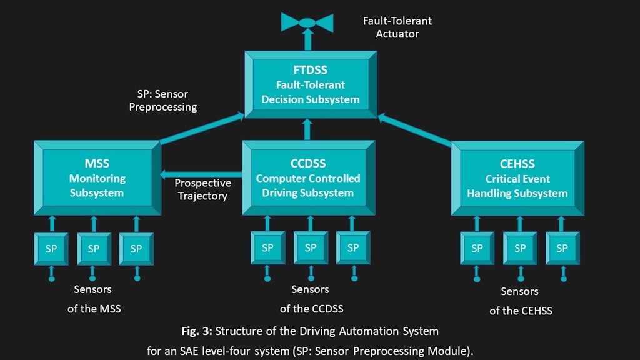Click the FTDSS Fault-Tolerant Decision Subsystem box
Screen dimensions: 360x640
pos(311,84)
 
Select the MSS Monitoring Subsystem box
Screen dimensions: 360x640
pos(96,178)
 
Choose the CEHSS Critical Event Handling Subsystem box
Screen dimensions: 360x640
pos(517,178)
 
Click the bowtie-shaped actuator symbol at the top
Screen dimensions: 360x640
pos(307,22)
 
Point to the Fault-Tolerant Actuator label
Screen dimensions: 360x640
pos(397,27)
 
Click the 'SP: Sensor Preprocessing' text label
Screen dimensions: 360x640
pos(162,101)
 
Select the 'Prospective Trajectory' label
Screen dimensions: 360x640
pos(202,189)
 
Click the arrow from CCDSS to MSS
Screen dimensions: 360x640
pos(200,174)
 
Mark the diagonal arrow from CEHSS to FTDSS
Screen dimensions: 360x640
pos(416,129)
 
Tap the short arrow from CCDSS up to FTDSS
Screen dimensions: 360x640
pos(307,130)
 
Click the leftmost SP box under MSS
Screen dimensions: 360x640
pos(51,249)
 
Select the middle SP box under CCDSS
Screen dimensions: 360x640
pos(311,247)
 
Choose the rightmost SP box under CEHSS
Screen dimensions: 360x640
pos(562,248)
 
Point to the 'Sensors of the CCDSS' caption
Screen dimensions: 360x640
pos(311,299)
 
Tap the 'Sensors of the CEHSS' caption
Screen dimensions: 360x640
pos(520,301)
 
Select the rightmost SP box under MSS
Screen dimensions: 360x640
pos(136,249)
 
